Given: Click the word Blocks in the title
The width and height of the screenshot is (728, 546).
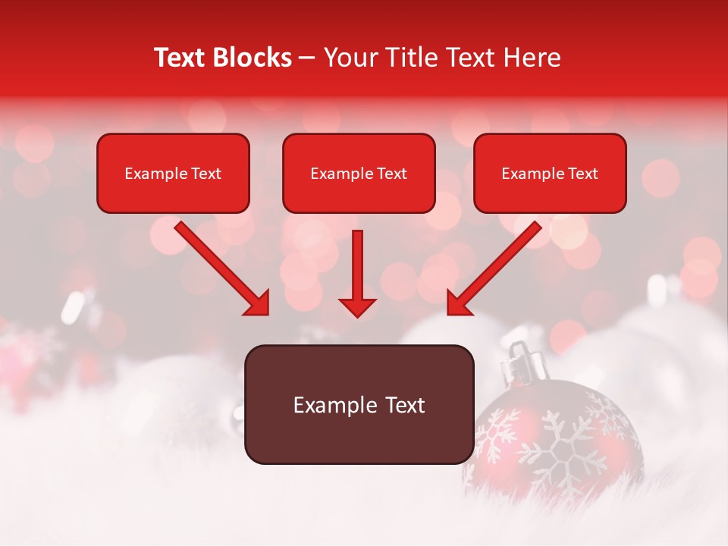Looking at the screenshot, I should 253,58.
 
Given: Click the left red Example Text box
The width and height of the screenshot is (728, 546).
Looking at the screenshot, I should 173,173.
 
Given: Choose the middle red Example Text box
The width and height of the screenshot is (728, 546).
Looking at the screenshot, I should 359,173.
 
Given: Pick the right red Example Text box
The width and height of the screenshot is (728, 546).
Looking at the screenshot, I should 550,173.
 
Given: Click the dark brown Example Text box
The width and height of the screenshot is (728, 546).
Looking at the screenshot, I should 359,404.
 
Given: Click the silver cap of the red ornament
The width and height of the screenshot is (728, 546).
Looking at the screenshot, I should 523,362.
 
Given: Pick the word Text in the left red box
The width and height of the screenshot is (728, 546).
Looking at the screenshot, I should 206,174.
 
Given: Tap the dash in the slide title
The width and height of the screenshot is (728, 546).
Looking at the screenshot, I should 307,58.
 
